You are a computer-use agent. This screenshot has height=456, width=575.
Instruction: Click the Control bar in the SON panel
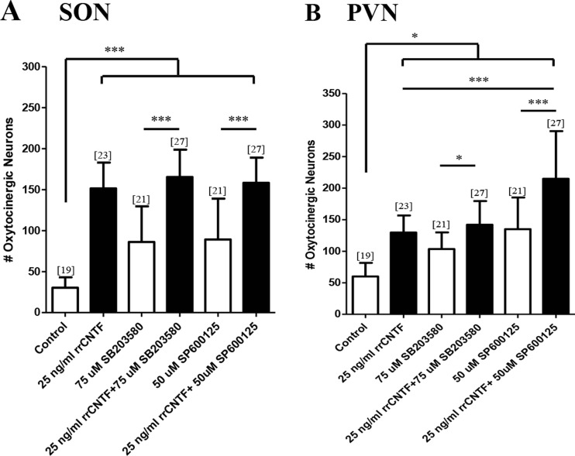(x=67, y=300)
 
